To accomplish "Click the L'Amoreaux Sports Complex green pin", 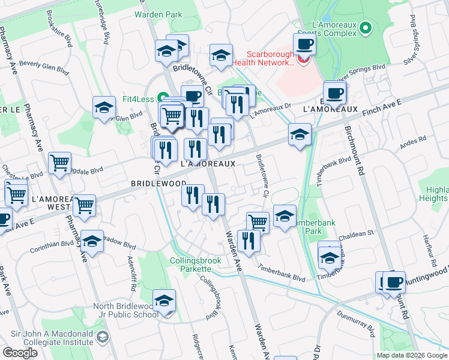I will (x=367, y=27).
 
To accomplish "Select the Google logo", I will (x=20, y=353).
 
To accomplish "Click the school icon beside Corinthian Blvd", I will (x=92, y=241).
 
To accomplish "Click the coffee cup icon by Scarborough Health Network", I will (x=304, y=44).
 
